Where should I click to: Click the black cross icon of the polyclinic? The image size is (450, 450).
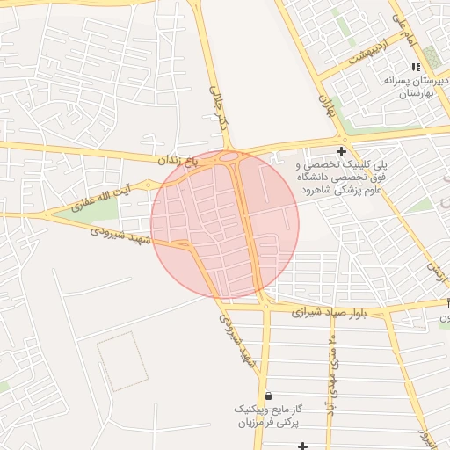341,152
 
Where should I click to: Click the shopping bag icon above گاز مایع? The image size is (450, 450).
268,396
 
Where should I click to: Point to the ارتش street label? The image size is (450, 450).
433,254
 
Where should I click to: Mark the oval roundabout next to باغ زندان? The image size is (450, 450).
228,158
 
